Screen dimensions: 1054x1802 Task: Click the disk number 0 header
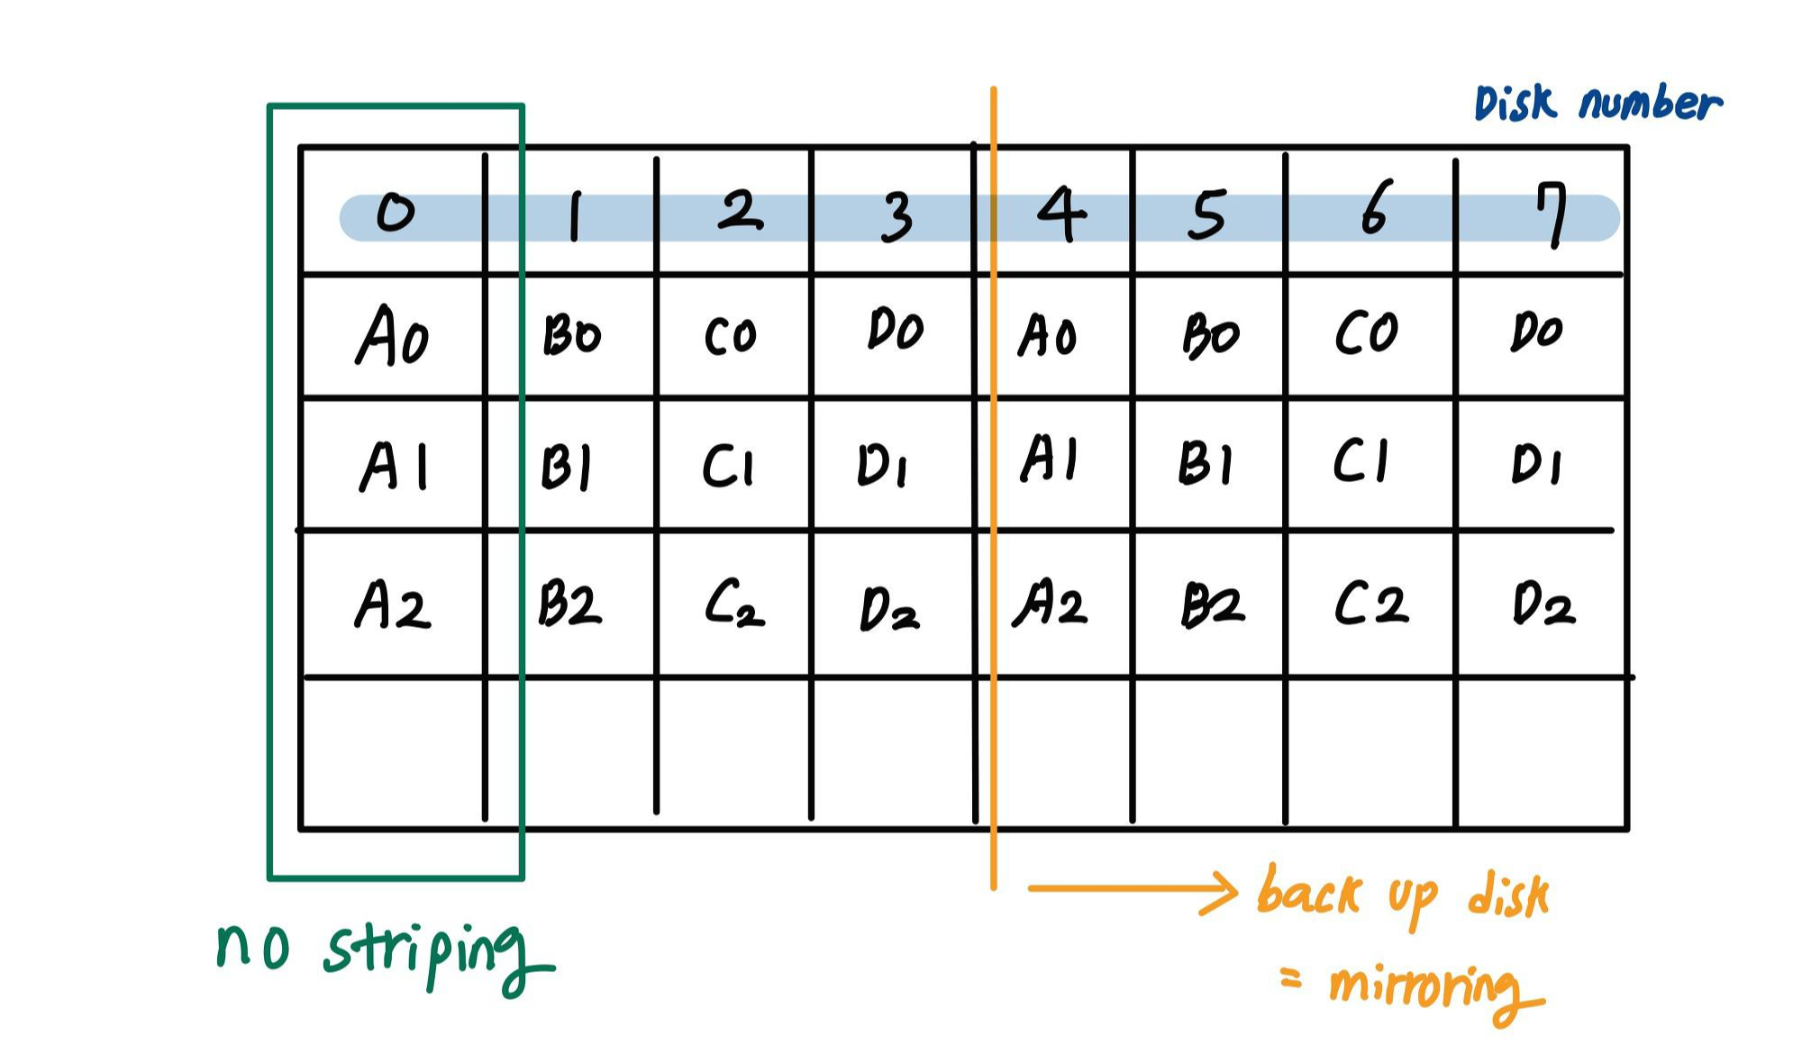click(x=395, y=213)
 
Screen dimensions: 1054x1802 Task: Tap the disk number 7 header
click(x=1552, y=214)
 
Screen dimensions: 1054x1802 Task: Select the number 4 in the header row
click(x=1060, y=214)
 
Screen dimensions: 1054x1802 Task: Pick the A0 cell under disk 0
click(x=393, y=335)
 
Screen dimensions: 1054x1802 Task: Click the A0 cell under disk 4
click(x=1047, y=336)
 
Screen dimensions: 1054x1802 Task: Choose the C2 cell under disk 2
click(x=734, y=604)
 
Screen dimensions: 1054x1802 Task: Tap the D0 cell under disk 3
click(x=895, y=331)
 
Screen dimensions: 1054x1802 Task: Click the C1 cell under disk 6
click(x=1361, y=461)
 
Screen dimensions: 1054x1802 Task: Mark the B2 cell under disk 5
click(x=1213, y=604)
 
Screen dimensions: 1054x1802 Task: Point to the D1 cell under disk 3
click(x=882, y=466)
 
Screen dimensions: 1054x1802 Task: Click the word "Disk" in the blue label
click(x=1515, y=104)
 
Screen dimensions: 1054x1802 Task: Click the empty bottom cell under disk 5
click(x=1208, y=752)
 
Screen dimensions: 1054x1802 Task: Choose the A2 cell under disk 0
click(x=393, y=604)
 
